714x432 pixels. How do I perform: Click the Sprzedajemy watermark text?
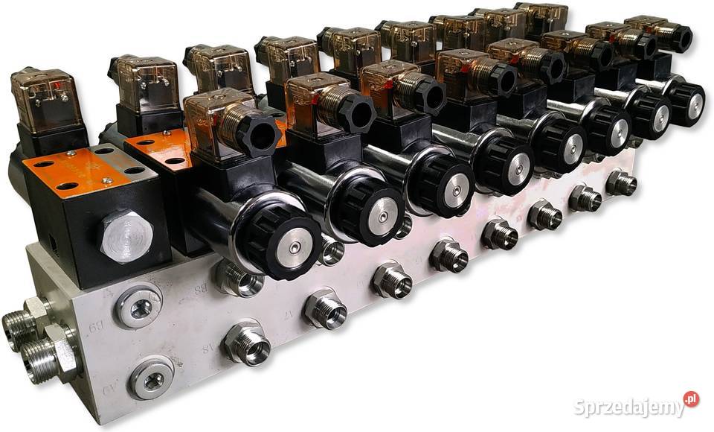click(x=628, y=407)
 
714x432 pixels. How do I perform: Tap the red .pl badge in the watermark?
click(x=691, y=399)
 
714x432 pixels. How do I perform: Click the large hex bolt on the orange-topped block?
click(x=125, y=236)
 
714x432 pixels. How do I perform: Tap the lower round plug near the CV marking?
click(x=152, y=379)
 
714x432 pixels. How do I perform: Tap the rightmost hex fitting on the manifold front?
click(x=621, y=182)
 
